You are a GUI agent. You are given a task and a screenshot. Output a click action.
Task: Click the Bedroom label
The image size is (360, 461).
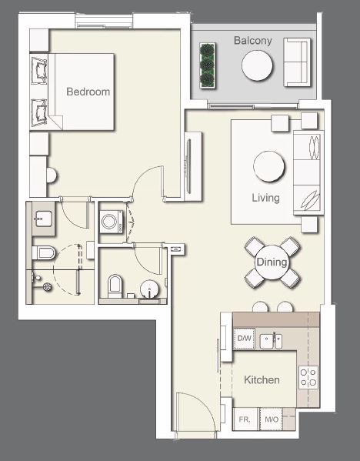tap(88, 92)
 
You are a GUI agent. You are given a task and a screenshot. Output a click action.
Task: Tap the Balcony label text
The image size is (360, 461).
tap(253, 41)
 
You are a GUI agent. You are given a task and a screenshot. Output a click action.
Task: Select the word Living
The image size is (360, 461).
tap(265, 198)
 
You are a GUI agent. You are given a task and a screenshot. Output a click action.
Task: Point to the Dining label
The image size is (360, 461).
tap(272, 262)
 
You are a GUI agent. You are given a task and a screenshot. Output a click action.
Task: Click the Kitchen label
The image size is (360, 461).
tap(262, 380)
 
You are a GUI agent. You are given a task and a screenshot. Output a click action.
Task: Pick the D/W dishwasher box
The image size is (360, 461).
tap(245, 339)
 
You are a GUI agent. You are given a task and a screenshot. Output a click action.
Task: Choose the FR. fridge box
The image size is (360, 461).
tap(245, 420)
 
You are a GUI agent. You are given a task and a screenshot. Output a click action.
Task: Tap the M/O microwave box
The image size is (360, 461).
tap(271, 420)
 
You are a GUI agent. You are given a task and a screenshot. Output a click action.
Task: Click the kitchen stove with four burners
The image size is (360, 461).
tap(308, 376)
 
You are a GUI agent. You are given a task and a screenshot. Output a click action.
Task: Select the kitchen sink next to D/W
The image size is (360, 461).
tap(270, 339)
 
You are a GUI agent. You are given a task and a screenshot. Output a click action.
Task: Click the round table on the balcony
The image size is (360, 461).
tap(258, 65)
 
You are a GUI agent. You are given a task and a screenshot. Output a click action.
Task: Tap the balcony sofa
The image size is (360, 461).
tap(296, 62)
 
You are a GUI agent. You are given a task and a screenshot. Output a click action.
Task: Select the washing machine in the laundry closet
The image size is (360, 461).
tap(110, 222)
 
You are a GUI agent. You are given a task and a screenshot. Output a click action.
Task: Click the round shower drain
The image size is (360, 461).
tap(48, 286)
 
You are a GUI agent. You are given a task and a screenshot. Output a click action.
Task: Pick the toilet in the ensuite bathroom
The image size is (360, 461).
tap(45, 253)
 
